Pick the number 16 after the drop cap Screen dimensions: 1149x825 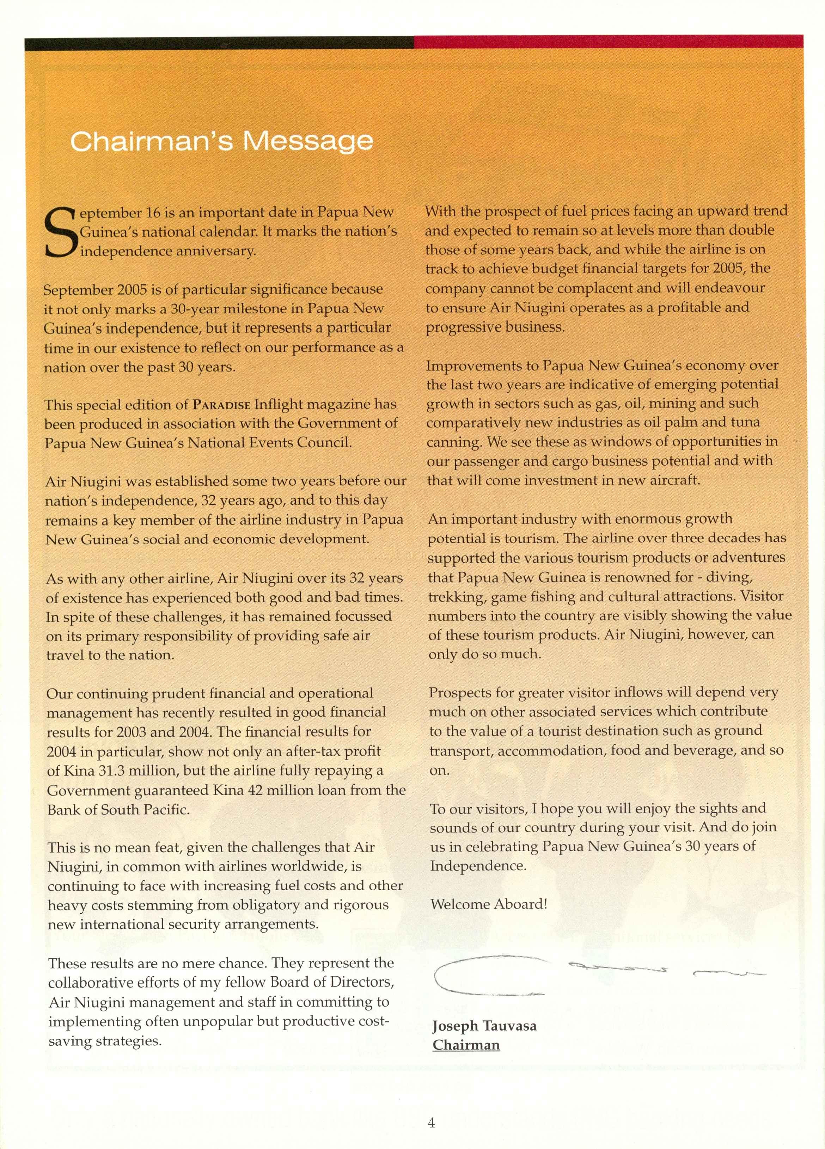coord(153,212)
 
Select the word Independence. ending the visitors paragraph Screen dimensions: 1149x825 coord(478,865)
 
